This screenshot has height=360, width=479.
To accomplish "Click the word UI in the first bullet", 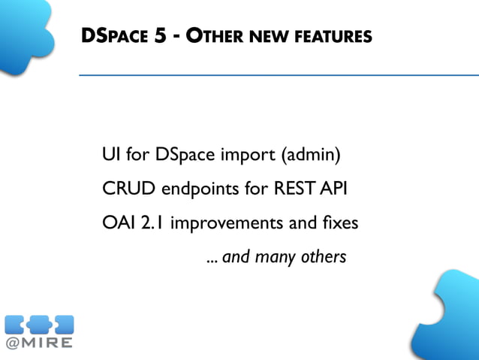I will coord(110,156).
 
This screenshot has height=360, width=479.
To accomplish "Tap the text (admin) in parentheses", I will coord(311,156).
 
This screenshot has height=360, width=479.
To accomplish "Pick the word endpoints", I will coord(196,190).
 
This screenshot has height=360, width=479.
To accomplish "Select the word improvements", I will coord(226,224).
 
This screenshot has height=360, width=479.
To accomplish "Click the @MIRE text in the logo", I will coord(39,343).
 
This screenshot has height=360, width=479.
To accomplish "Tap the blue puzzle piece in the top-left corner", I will coord(26,34).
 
